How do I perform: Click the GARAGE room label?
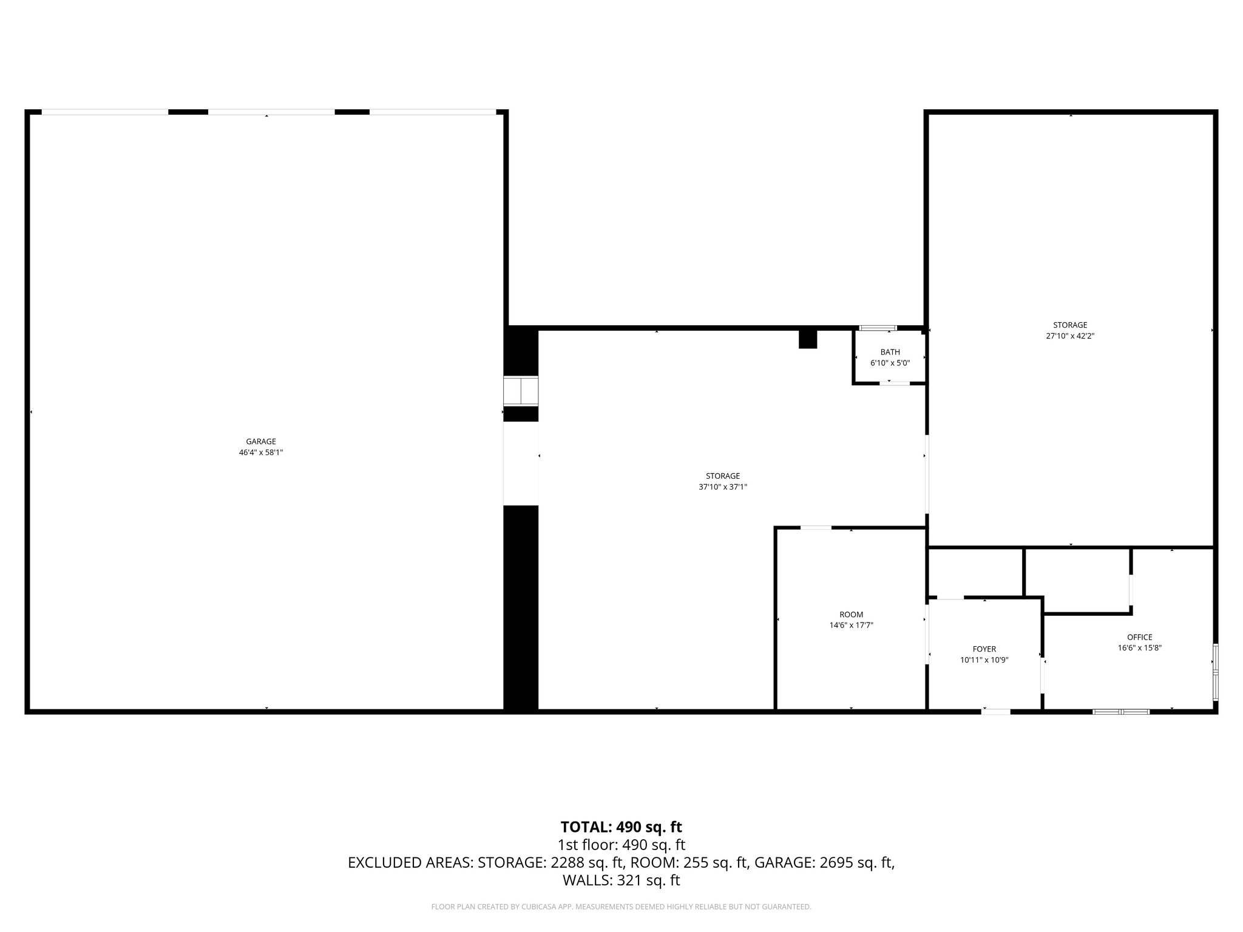click(261, 442)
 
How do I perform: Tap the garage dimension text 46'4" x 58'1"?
click(261, 453)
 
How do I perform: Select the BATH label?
click(890, 353)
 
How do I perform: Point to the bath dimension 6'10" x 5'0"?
click(890, 363)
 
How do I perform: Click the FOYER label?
click(984, 649)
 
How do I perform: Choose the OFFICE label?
click(1139, 637)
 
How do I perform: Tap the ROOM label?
click(851, 615)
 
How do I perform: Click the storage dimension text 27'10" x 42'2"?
click(1070, 336)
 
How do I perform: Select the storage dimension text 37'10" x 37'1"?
click(722, 487)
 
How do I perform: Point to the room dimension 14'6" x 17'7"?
click(851, 626)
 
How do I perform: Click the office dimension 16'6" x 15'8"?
click(1139, 648)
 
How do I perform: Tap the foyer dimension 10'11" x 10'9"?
click(984, 660)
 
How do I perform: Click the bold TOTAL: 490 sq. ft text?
click(621, 827)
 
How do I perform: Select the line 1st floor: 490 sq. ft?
click(621, 845)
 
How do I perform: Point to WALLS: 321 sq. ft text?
click(621, 880)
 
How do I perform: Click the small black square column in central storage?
click(808, 339)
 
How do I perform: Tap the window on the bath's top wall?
click(878, 328)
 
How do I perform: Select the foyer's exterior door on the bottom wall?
click(996, 712)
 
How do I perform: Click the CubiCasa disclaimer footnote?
click(621, 907)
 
